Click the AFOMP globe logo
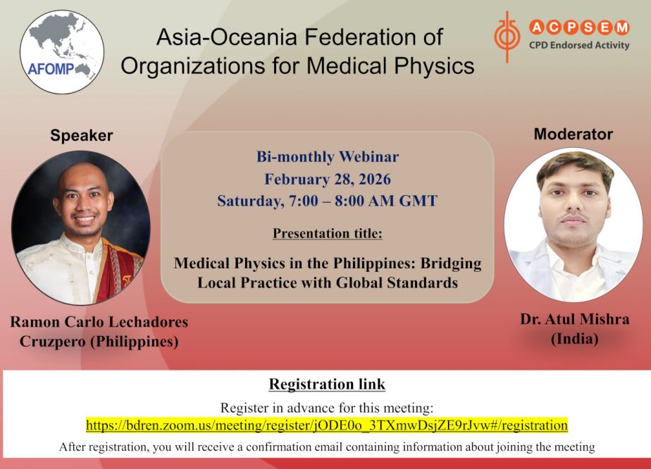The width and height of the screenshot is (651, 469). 62,52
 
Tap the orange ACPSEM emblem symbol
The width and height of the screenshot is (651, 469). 507,37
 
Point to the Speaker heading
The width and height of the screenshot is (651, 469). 82,135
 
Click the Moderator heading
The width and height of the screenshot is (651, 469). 573,134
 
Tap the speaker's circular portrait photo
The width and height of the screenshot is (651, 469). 81,228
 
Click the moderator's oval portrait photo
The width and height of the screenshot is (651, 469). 573,225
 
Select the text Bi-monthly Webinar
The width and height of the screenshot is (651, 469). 328,156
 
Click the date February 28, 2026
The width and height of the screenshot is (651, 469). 328,179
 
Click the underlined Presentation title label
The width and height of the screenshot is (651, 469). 328,233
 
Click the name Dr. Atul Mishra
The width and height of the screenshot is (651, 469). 575,319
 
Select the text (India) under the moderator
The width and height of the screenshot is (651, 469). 575,339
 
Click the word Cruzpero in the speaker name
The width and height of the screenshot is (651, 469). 52,342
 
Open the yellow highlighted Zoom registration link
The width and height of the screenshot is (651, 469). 327,425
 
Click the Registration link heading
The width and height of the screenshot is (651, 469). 327,384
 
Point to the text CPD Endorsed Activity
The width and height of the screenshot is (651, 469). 579,45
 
